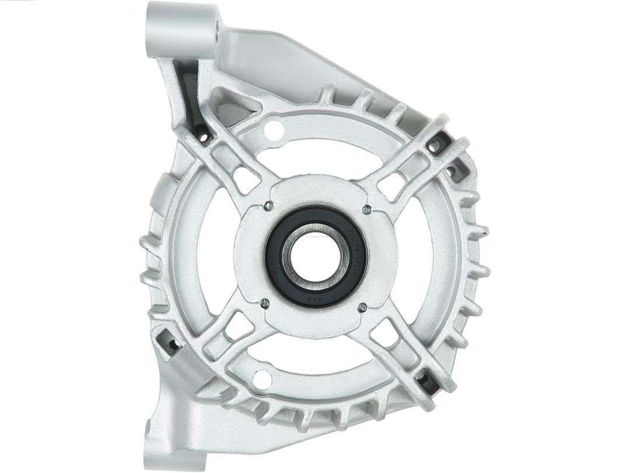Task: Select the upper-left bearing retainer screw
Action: tap(268, 206)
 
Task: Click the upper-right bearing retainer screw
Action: tap(366, 209)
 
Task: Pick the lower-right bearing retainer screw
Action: tap(362, 307)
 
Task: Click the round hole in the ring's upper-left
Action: tap(275, 130)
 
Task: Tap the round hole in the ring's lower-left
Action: tap(263, 379)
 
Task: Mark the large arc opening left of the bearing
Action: tap(216, 257)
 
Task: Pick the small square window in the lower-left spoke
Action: tap(239, 326)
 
